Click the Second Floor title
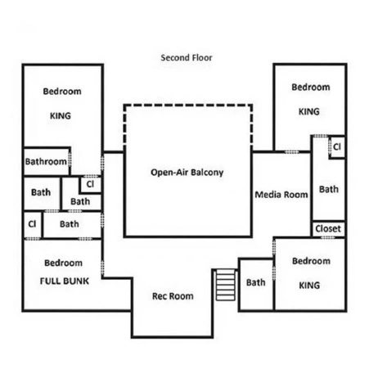[x=187, y=58]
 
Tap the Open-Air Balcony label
[x=187, y=173]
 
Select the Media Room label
[x=281, y=195]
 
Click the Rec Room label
[x=173, y=296]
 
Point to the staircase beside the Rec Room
[x=226, y=285]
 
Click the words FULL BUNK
[x=65, y=281]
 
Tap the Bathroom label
[x=46, y=162]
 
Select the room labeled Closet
[x=328, y=228]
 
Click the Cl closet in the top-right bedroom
[x=337, y=146]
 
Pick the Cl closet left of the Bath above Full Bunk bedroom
[x=32, y=224]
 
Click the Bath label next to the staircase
[x=256, y=282]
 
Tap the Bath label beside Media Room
[x=329, y=189]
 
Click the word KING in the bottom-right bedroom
[x=309, y=286]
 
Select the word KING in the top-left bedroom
[x=61, y=116]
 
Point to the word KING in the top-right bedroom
[x=309, y=111]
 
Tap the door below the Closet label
[x=328, y=237]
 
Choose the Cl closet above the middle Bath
[x=91, y=184]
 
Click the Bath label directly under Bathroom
[x=41, y=192]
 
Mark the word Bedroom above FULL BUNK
[x=63, y=263]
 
